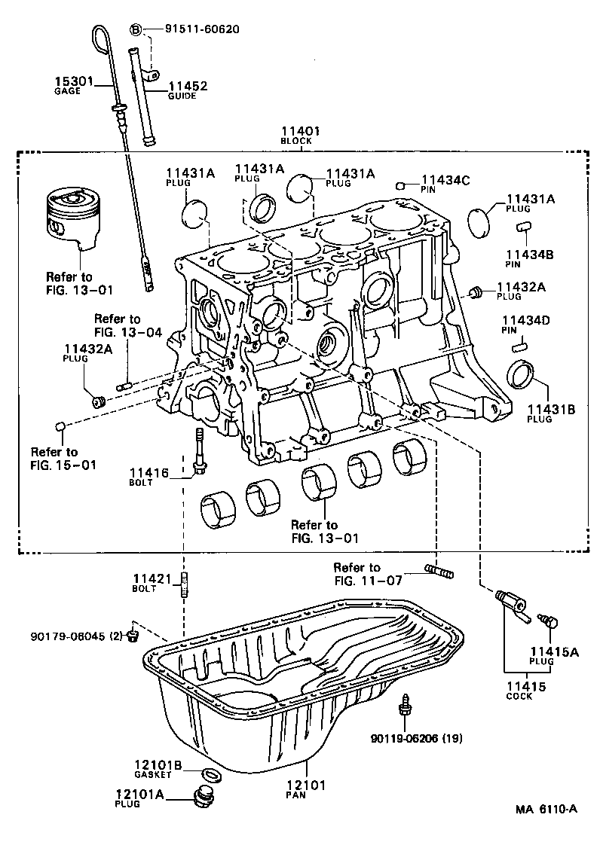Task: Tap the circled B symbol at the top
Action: (136, 29)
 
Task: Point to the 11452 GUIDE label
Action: (187, 90)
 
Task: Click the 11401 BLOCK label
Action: (301, 135)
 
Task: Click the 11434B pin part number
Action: (529, 255)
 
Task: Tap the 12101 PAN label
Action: (308, 789)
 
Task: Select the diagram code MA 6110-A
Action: (546, 809)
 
